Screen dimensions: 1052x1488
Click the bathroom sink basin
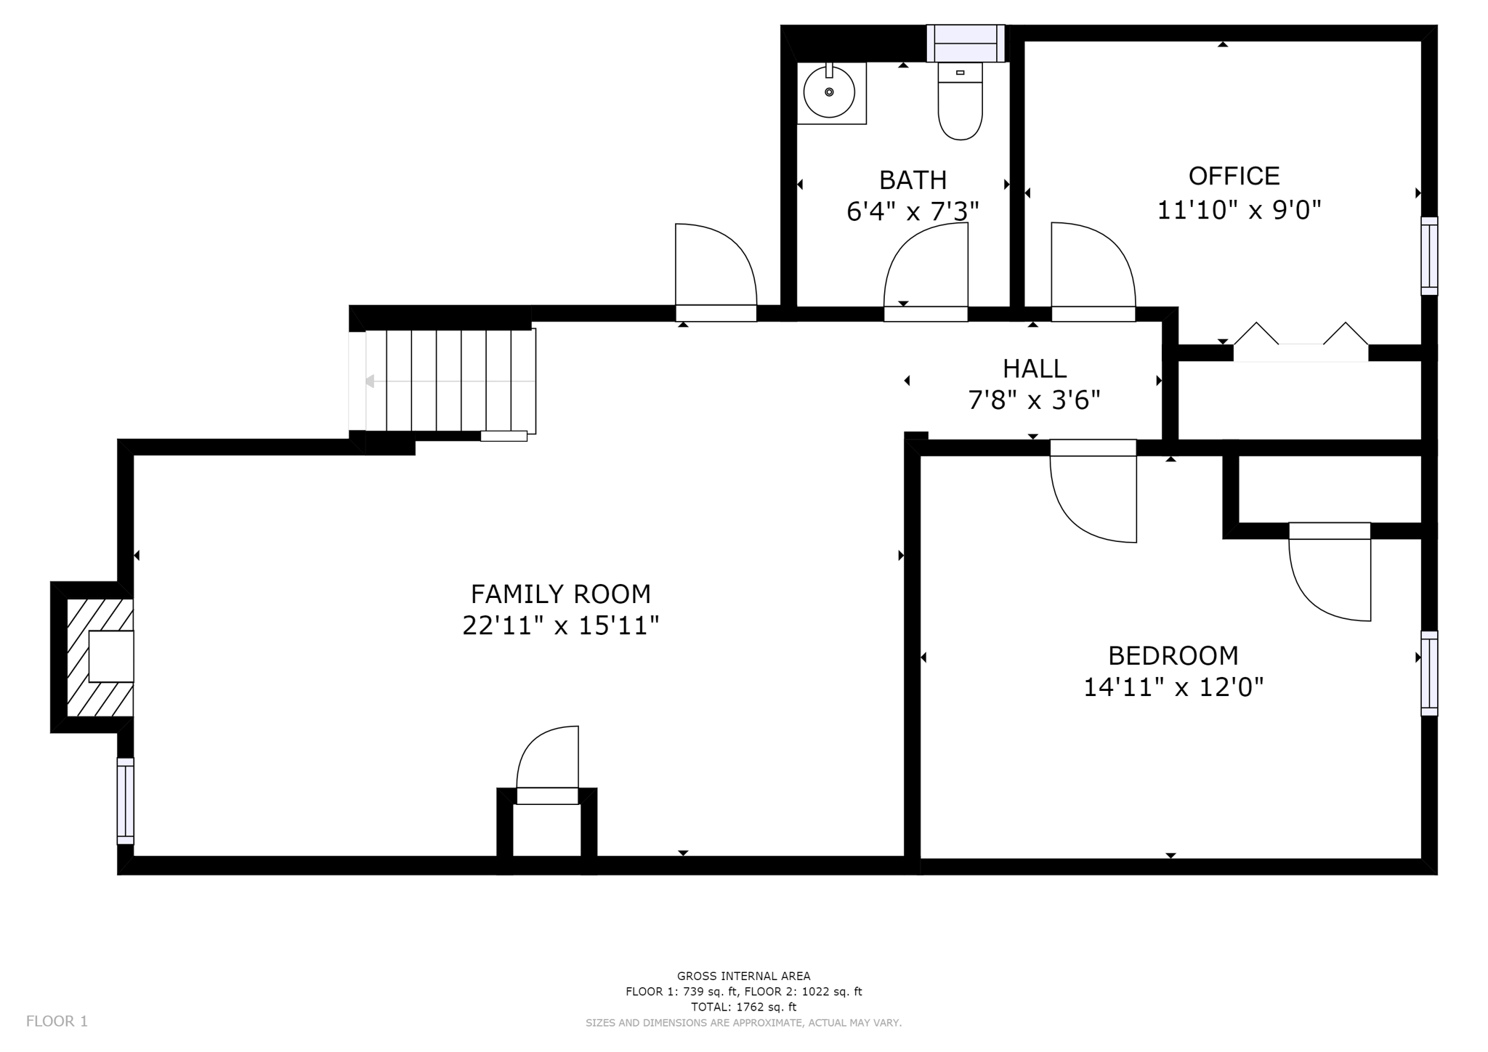pyautogui.click(x=829, y=92)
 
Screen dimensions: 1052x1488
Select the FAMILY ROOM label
pyautogui.click(x=560, y=594)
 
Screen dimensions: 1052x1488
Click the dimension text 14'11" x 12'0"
pyautogui.click(x=1173, y=687)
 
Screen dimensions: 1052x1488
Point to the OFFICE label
pyautogui.click(x=1234, y=177)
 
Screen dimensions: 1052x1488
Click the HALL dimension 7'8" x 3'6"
pyautogui.click(x=1034, y=400)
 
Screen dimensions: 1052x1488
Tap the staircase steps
pyautogui.click(x=450, y=381)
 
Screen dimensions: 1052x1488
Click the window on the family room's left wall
pyautogui.click(x=126, y=801)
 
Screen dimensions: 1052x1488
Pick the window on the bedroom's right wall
pyautogui.click(x=1428, y=673)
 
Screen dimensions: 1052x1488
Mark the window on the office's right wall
pyautogui.click(x=1428, y=256)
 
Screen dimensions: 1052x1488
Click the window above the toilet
pyautogui.click(x=966, y=43)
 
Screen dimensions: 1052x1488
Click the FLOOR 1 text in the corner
pyautogui.click(x=57, y=1021)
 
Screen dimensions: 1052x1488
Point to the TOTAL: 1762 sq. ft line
pyautogui.click(x=743, y=1007)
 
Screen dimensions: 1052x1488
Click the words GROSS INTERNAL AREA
pyautogui.click(x=743, y=976)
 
